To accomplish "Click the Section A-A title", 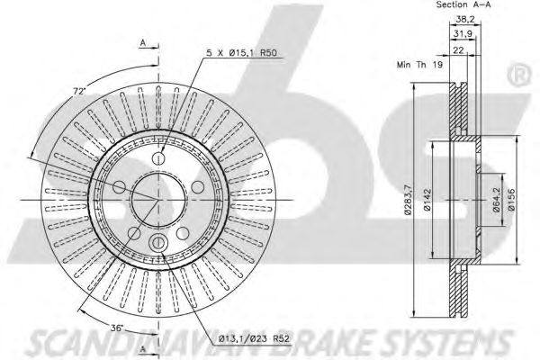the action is pyautogui.click(x=463, y=4).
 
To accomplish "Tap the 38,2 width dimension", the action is pyautogui.click(x=465, y=20).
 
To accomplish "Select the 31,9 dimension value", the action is pyautogui.click(x=463, y=34).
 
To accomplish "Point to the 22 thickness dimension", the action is pyautogui.click(x=458, y=50).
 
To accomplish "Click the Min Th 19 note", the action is pyautogui.click(x=419, y=65).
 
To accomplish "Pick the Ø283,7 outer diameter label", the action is pyautogui.click(x=408, y=200).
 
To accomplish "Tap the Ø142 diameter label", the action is pyautogui.click(x=427, y=200).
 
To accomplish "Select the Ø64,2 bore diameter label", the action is pyautogui.click(x=496, y=200).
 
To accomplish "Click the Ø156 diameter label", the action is pyautogui.click(x=511, y=200).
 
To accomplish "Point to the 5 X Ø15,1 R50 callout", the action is pyautogui.click(x=241, y=53).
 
